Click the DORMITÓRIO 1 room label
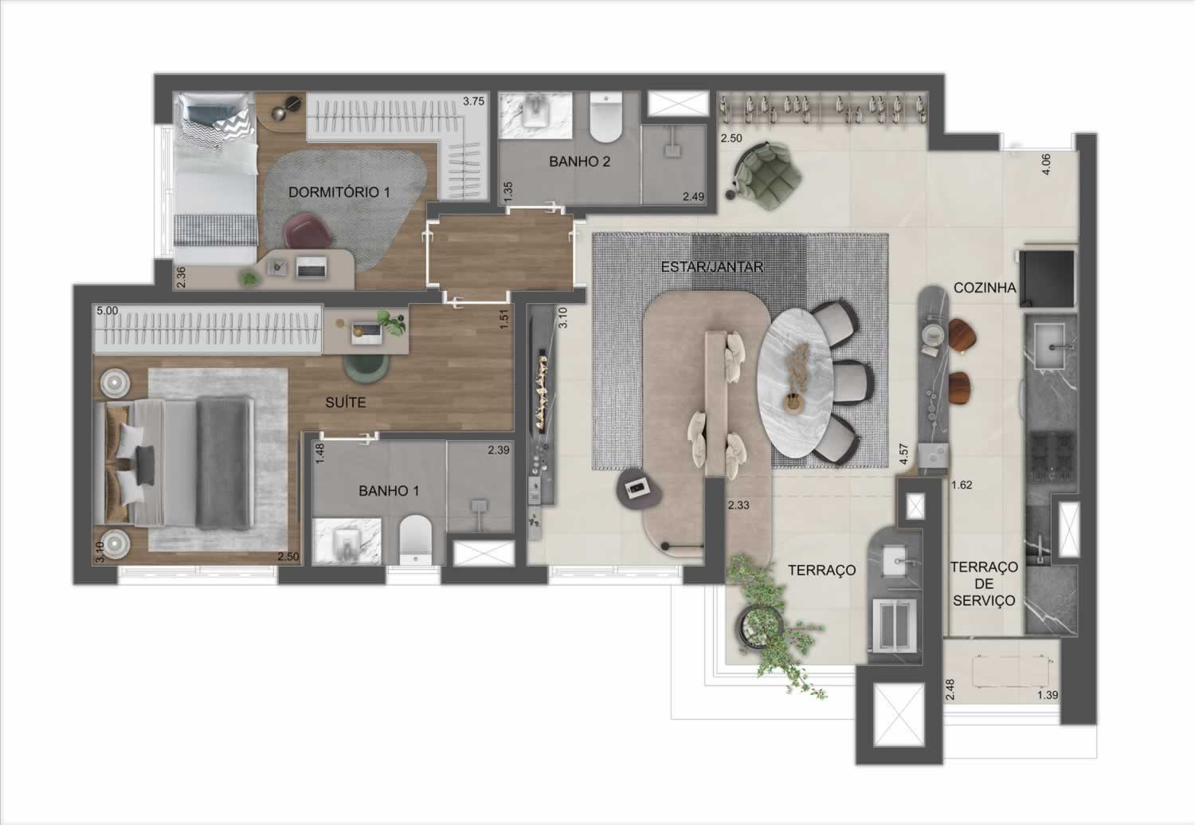tap(339, 192)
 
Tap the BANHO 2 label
tap(579, 161)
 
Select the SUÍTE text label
tap(346, 403)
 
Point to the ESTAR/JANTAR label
tap(711, 267)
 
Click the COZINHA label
tap(985, 288)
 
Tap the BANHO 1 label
tap(389, 491)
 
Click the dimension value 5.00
tap(108, 311)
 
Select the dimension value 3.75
tap(473, 101)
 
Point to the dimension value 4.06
tap(1045, 164)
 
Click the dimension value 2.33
tap(739, 505)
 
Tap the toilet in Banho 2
tap(606, 117)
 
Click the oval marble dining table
tap(795, 383)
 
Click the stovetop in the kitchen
tap(1051, 455)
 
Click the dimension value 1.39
tap(1048, 695)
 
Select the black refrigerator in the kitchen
tap(1047, 278)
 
